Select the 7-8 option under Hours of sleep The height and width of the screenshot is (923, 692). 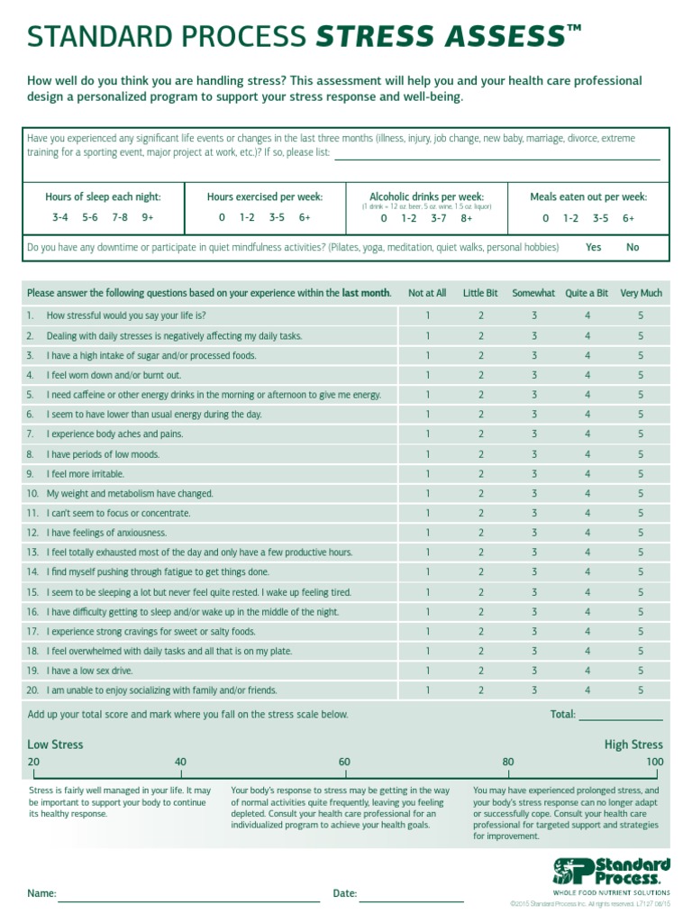click(x=120, y=218)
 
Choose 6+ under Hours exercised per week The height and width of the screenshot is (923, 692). click(x=305, y=218)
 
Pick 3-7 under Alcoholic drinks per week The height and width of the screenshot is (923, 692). click(x=439, y=218)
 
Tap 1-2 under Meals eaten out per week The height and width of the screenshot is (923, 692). click(x=571, y=218)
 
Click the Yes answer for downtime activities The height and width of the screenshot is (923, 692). click(x=594, y=247)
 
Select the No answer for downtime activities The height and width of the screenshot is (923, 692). click(x=633, y=247)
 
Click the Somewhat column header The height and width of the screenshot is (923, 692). click(x=533, y=293)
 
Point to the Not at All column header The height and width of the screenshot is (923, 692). click(x=427, y=293)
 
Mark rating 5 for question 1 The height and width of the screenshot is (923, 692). click(x=641, y=315)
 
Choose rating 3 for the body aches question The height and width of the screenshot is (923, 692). click(x=533, y=434)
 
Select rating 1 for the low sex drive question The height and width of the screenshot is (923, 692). click(x=428, y=671)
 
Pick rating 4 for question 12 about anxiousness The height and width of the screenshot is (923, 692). click(x=587, y=533)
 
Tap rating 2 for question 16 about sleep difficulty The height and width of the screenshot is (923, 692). click(x=481, y=612)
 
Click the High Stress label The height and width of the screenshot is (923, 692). click(x=633, y=745)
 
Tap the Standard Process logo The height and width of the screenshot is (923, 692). click(x=611, y=873)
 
